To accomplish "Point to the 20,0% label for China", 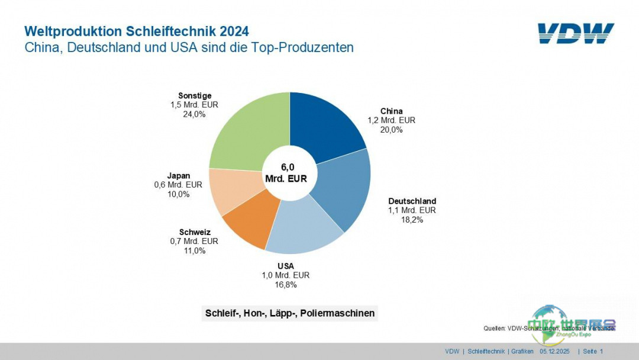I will pos(392,130).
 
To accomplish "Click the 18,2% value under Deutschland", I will pos(412,220).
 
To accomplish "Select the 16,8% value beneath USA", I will pos(286,285).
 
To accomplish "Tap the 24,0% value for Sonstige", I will pos(195,114).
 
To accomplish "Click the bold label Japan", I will pos(179,175).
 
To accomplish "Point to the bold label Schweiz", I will pos(195,232).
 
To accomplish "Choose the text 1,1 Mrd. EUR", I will pos(412,210).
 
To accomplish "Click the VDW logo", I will pos(576,34).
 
